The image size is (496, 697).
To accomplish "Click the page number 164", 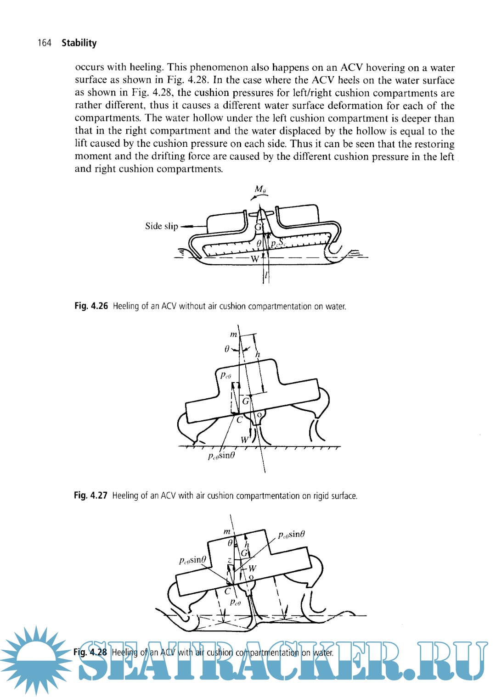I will pos(45,43).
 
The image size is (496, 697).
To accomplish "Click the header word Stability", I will pos(79,43).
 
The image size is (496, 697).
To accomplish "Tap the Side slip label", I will pos(161,226).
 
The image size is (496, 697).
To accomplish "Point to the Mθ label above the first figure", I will pos(260,189).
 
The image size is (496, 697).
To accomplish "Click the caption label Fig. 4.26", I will pos(91,306).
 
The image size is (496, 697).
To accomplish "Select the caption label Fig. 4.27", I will pos(90,496).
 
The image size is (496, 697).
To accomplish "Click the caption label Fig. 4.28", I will pos(90,652).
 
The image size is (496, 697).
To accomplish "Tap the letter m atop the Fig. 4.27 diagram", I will pos(233,335).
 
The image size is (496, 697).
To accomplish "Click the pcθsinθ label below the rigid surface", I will pos(221,456).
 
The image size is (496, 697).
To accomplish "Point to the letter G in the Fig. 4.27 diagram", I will pos(246,401).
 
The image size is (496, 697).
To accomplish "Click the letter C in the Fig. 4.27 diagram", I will pos(239,419).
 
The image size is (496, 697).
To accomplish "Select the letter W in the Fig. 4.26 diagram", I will pos(254,259).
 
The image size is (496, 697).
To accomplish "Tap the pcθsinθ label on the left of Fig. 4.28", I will pos(192,560).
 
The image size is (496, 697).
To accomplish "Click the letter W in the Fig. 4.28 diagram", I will pos(252,569).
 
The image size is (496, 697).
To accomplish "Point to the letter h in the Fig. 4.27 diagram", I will pos(258,355).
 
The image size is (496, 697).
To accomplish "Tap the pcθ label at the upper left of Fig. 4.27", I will pos(225,375).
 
